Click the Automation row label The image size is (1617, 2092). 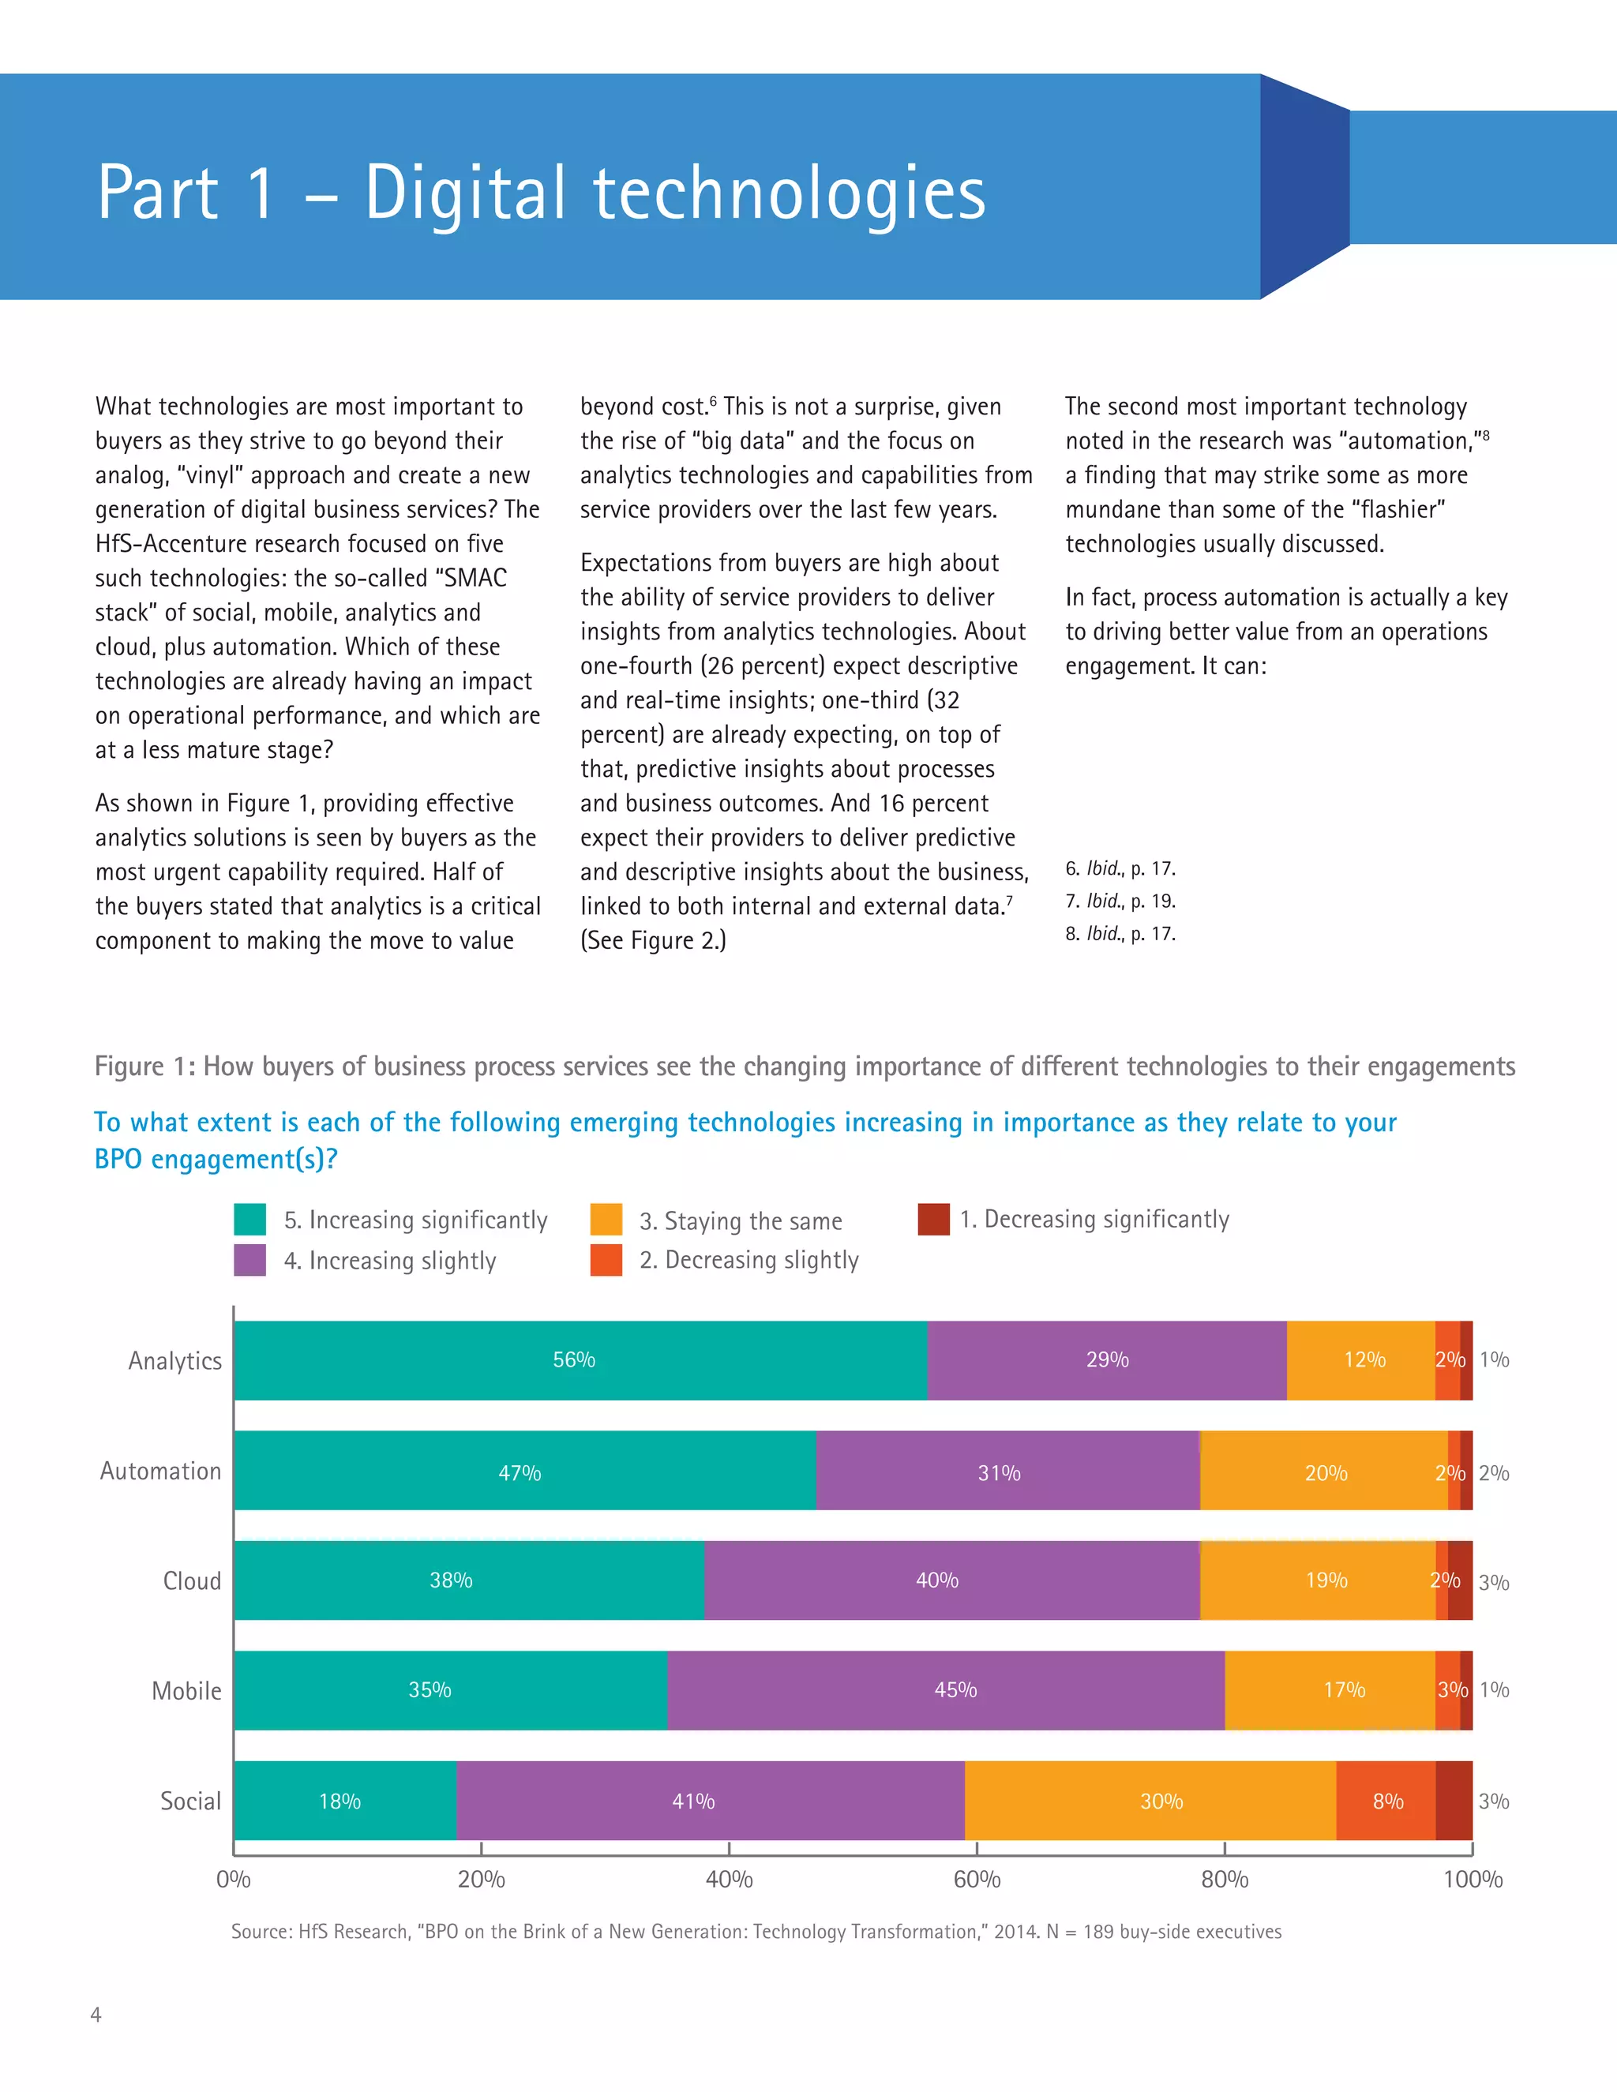click(x=160, y=1472)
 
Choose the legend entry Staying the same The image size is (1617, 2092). click(x=740, y=1221)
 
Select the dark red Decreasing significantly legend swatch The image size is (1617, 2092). click(x=933, y=1220)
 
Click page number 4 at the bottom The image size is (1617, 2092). click(x=95, y=2015)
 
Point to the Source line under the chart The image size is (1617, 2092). click(x=756, y=1932)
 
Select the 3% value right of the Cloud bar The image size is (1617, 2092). click(x=1493, y=1582)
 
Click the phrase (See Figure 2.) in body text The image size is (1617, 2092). click(x=653, y=941)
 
